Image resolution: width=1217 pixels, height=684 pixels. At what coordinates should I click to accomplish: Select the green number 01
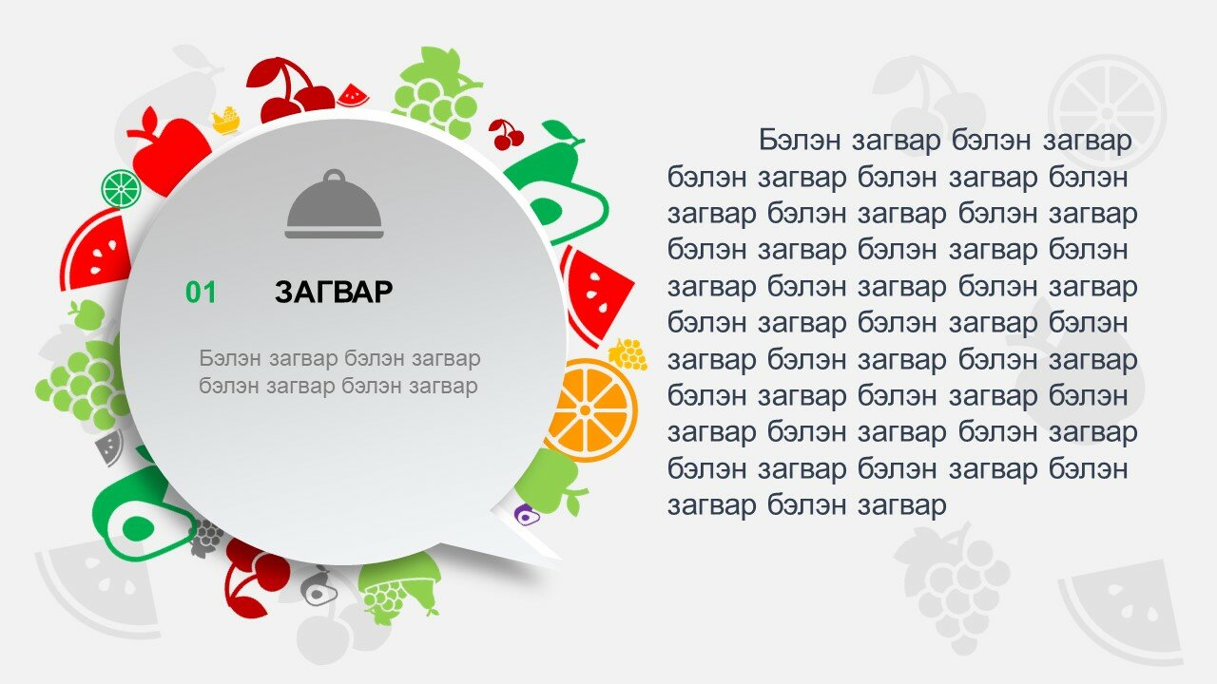click(x=201, y=293)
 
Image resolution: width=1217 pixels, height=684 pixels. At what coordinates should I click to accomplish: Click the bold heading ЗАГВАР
click(x=334, y=292)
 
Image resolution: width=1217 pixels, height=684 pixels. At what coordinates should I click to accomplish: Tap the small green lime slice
click(x=121, y=188)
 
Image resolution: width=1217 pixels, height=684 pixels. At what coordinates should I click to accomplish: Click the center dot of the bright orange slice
click(x=585, y=409)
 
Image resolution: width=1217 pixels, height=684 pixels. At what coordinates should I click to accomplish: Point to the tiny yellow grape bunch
click(x=628, y=355)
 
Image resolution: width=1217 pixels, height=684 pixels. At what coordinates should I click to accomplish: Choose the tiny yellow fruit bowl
click(x=226, y=121)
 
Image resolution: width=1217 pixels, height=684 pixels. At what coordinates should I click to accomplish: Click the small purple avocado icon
click(x=526, y=514)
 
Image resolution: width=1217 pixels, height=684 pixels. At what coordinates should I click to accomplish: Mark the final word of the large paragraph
click(x=902, y=504)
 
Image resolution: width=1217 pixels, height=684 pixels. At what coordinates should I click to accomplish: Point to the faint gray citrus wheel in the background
click(x=1108, y=113)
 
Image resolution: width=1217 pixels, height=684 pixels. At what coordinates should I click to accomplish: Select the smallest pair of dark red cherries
click(x=507, y=135)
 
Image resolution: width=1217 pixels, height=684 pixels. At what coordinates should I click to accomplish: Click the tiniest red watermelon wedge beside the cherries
click(x=353, y=96)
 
